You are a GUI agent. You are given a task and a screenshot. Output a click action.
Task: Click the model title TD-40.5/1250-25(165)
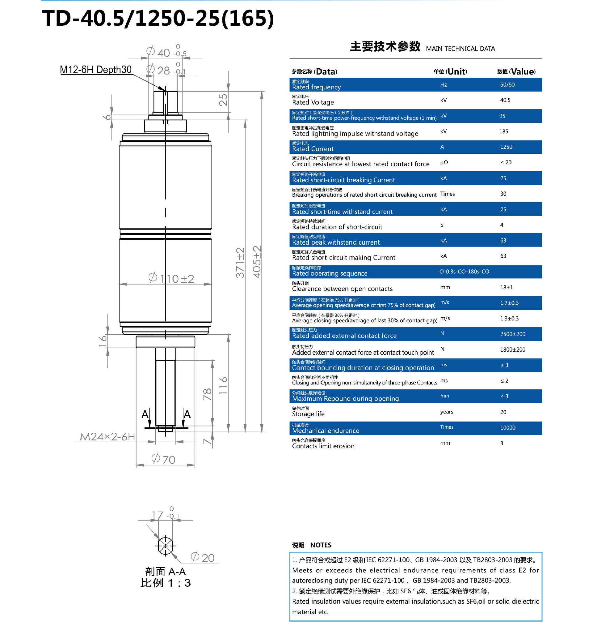tap(158, 18)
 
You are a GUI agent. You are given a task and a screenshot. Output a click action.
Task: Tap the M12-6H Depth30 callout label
tap(95, 70)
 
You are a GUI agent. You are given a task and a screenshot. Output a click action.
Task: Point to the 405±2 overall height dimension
tap(257, 262)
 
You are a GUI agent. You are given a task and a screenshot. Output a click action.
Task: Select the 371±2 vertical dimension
tap(240, 263)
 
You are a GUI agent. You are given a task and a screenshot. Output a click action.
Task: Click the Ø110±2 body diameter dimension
tap(171, 278)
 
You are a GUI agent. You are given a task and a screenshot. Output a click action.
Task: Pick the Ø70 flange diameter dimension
tap(163, 459)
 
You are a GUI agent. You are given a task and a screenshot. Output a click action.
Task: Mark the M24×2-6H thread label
tap(107, 437)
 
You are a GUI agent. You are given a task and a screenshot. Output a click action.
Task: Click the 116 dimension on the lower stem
tap(223, 385)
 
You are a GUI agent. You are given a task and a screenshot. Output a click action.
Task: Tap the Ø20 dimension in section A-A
tap(203, 557)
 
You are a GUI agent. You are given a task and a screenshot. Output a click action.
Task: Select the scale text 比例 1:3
tap(165, 583)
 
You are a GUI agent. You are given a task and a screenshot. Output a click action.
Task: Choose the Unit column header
tap(450, 71)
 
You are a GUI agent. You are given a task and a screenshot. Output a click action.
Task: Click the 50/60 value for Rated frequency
tap(507, 85)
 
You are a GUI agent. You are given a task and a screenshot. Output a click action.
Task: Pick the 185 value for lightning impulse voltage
tap(503, 131)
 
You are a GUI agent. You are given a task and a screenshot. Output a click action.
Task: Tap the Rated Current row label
tap(313, 149)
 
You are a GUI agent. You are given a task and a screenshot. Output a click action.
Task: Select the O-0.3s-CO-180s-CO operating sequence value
tap(464, 272)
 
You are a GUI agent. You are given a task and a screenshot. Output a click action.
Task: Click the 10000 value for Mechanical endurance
tap(507, 427)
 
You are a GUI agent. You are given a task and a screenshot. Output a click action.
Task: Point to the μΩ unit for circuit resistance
tap(444, 162)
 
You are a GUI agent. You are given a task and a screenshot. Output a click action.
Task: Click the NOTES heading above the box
tap(321, 545)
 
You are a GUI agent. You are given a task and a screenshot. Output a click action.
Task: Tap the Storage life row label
tap(308, 414)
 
